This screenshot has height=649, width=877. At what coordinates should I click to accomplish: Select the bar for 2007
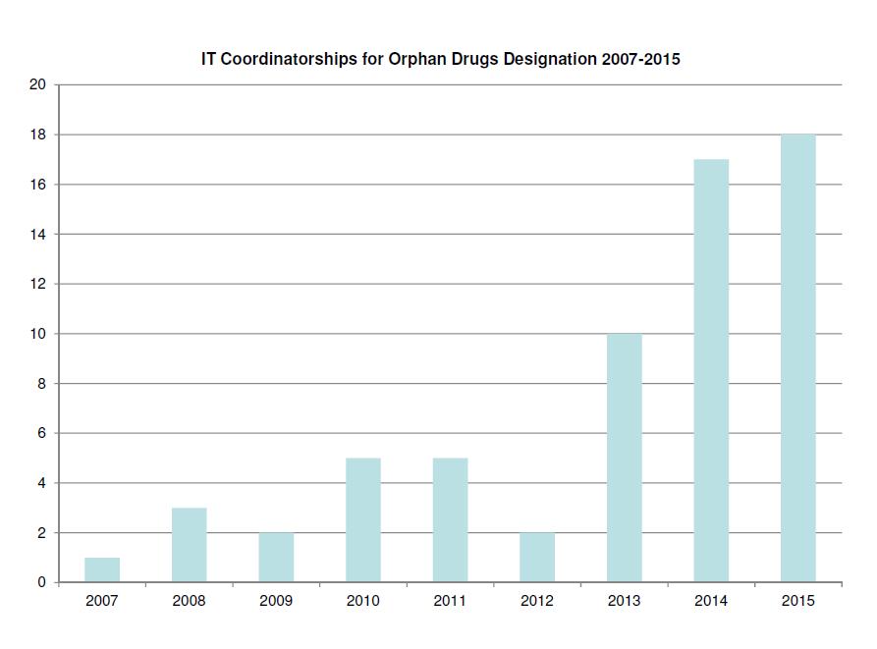pos(102,570)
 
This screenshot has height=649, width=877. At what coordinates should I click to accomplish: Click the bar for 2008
pos(189,545)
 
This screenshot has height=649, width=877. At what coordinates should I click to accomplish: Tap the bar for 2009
pos(276,558)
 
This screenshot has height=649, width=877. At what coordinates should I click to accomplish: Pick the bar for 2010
pos(363,520)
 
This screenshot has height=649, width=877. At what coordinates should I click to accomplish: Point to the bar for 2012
pos(537,558)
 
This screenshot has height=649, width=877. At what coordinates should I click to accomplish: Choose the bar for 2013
pos(624,459)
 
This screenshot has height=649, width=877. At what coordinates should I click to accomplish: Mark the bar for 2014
pos(711,371)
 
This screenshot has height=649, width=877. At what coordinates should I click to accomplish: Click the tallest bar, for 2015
pos(797,358)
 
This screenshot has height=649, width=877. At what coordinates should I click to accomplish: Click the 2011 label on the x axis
pos(450,601)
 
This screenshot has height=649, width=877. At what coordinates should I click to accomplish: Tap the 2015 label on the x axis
pos(797,601)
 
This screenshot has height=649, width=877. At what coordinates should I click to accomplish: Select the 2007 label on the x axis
pos(102,601)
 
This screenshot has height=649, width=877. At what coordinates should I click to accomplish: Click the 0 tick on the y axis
pos(41,583)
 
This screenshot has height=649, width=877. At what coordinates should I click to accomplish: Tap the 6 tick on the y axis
pos(41,433)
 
